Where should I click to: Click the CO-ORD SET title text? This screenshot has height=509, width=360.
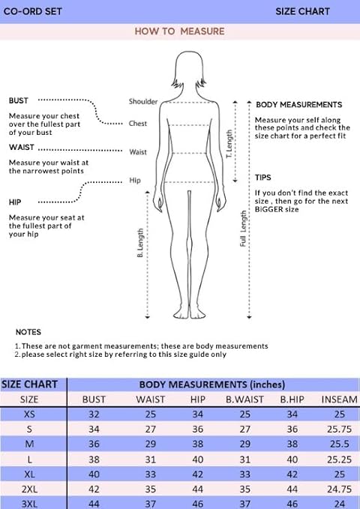coord(32,11)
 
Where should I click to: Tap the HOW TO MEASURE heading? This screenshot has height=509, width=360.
coord(179,31)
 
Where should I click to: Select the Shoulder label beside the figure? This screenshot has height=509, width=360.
coord(143,101)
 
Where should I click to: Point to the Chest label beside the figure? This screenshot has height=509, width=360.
coord(138,124)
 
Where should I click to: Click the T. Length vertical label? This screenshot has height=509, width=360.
coord(229,144)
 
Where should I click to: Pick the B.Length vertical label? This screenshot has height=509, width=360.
coord(140,243)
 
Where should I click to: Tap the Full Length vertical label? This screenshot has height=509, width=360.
coord(243,229)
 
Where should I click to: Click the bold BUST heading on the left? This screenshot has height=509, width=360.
coord(19,100)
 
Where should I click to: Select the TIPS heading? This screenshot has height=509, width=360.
coord(262,178)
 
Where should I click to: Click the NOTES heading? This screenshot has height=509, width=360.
coord(28,332)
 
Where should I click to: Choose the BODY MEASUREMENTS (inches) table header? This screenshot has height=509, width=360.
coord(212,385)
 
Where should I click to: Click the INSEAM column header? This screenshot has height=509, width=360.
coord(340,400)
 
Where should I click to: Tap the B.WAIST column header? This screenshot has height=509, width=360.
coord(244,400)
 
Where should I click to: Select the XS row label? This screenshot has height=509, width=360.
coord(29,415)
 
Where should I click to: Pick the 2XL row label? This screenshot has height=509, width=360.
coord(29,489)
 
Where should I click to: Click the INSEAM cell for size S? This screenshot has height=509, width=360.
coord(340,429)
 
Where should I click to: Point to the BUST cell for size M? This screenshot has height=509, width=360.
coord(94,444)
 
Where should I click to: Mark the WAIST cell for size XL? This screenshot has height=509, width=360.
coord(151,475)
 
